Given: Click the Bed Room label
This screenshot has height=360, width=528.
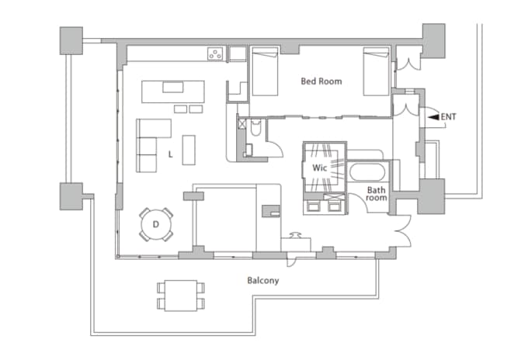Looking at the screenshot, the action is [321, 81].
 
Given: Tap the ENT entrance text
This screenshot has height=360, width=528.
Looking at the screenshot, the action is [448, 116].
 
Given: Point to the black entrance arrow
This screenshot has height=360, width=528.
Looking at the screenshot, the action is [435, 116].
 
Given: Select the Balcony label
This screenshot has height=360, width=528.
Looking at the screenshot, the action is [263, 281].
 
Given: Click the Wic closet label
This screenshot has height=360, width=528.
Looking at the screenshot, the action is [320, 168].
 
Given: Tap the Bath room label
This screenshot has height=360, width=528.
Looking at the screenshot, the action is [377, 194].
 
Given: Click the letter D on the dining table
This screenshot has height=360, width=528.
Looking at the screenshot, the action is [155, 224].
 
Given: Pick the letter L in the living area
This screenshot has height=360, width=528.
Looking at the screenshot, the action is [170, 154].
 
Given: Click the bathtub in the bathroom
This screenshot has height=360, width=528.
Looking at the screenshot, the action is [367, 172].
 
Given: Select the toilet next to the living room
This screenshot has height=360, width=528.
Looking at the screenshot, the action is [256, 126].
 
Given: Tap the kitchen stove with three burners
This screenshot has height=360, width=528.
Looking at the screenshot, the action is [216, 54].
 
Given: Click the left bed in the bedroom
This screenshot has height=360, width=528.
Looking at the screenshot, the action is [265, 71].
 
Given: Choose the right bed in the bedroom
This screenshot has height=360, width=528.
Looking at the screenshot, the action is [376, 71].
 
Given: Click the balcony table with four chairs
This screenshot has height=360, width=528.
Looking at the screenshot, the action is [181, 296].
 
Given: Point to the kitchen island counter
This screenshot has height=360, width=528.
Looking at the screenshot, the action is [172, 92].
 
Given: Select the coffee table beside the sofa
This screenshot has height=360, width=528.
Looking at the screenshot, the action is [189, 150].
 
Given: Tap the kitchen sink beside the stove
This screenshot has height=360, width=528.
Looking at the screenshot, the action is [238, 54].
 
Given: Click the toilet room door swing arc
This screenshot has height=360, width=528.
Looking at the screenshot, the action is [278, 148].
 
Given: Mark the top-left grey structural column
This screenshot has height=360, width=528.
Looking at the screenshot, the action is [71, 40].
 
